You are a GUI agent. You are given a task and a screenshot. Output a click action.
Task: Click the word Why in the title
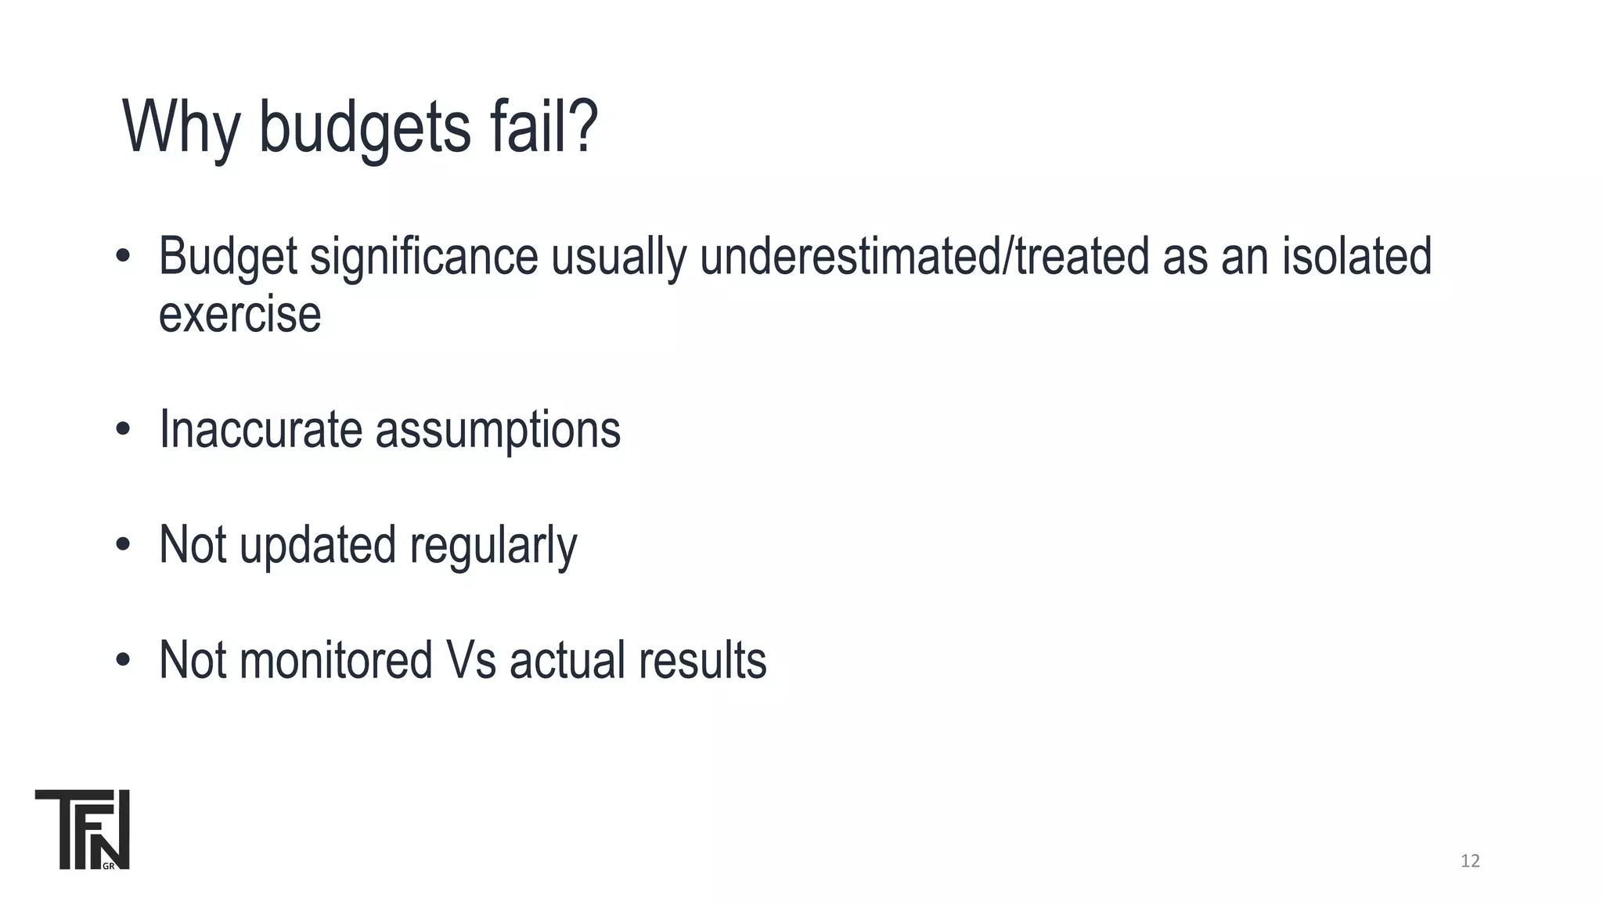click(x=181, y=127)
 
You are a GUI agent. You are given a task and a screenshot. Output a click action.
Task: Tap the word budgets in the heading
click(x=365, y=127)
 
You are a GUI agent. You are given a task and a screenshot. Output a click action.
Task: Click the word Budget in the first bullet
click(x=228, y=257)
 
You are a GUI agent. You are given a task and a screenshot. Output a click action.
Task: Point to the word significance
click(x=424, y=257)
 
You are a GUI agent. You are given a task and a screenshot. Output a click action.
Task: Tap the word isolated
click(x=1356, y=257)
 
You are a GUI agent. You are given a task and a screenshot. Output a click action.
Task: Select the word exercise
click(x=240, y=315)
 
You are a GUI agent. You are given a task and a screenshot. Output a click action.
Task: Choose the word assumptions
click(x=498, y=431)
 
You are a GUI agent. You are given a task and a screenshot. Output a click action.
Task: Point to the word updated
click(x=317, y=545)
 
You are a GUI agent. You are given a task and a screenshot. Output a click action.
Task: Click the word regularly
click(x=493, y=546)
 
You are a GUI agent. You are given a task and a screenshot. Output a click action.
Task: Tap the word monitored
click(x=336, y=660)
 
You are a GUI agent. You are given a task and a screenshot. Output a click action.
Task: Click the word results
click(x=702, y=660)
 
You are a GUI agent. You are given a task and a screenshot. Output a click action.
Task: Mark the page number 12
click(x=1470, y=861)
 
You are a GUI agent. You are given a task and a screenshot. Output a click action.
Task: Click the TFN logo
click(x=82, y=829)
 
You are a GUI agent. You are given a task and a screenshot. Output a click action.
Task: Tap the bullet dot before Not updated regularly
click(x=122, y=545)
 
